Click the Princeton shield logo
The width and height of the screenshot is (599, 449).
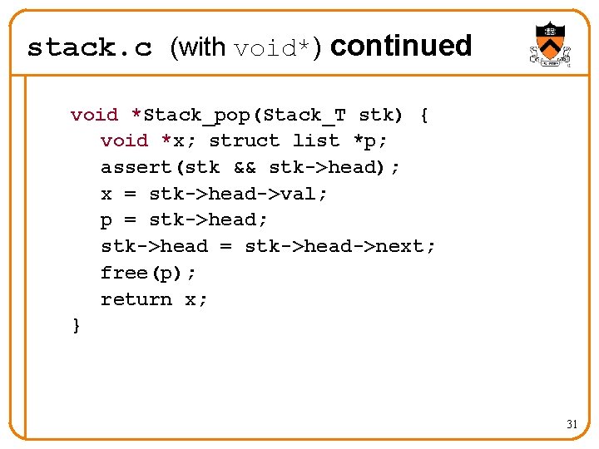[x=550, y=45]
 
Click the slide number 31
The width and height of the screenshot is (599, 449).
[x=572, y=424]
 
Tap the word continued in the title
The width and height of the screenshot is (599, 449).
[x=401, y=46]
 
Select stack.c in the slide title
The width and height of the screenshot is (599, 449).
[x=90, y=47]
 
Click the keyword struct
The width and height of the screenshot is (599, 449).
[x=245, y=141]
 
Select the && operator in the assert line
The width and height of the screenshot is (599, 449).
[x=245, y=167]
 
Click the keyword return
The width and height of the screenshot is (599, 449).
[x=136, y=299]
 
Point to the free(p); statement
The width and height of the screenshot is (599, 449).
[x=149, y=273]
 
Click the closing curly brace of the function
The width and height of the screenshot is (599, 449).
[x=77, y=325]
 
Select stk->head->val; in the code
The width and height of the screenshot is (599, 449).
[x=239, y=194]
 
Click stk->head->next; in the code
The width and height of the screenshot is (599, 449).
[x=340, y=246]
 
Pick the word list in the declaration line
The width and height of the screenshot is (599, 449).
[x=316, y=141]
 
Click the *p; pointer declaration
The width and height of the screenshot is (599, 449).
[x=370, y=141]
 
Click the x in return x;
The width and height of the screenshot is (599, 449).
[x=191, y=299]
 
